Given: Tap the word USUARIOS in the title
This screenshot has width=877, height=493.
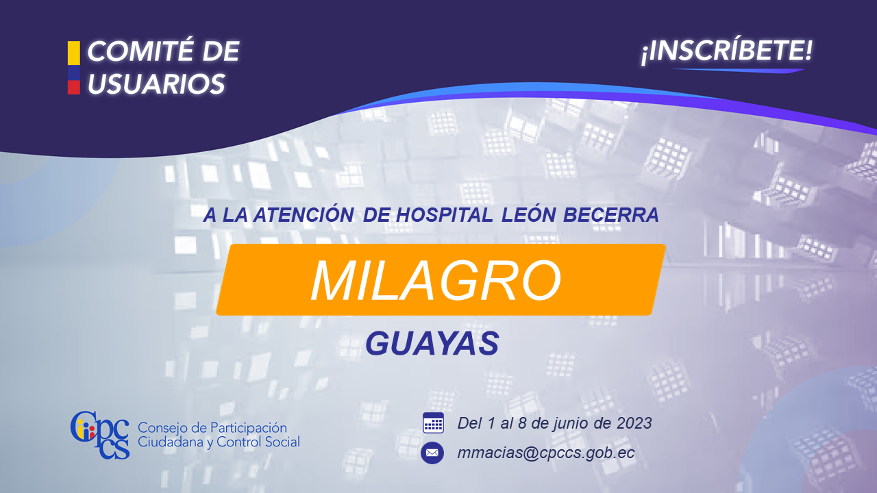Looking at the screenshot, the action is click(x=157, y=84).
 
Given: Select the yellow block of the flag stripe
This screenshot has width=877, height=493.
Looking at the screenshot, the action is click(x=73, y=53).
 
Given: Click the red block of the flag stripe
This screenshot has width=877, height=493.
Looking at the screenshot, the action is click(x=73, y=87).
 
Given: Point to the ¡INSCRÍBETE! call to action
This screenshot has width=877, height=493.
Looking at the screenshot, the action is click(x=727, y=51).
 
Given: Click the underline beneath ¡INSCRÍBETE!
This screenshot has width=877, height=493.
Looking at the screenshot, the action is click(x=737, y=71).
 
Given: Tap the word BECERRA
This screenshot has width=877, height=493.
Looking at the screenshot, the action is click(x=610, y=215).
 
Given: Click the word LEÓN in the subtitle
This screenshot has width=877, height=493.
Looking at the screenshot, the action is click(x=528, y=214).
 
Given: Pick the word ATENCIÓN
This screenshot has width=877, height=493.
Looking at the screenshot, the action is click(x=304, y=214).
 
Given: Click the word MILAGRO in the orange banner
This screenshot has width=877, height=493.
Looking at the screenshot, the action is click(x=436, y=280).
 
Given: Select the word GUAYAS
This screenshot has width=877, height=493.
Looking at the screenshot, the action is click(x=432, y=343).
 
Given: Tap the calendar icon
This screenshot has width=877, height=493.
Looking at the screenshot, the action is click(x=433, y=422).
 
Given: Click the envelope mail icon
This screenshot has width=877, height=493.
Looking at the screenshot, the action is click(x=432, y=453).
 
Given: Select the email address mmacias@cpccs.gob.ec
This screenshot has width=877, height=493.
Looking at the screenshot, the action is click(x=546, y=453).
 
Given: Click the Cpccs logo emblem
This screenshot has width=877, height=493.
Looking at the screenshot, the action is click(x=100, y=435).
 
